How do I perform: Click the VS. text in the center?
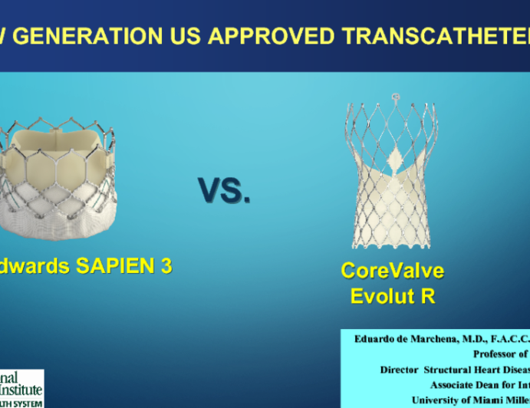click(x=224, y=190)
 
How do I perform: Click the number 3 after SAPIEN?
click(x=165, y=265)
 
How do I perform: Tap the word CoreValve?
click(x=393, y=271)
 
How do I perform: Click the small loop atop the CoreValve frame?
click(x=397, y=97)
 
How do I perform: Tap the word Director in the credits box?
click(x=403, y=369)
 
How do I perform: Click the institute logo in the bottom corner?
click(x=21, y=388)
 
